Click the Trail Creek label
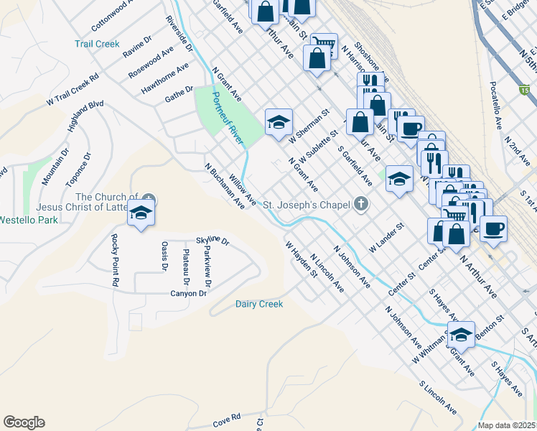click(97, 44)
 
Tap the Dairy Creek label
click(259, 304)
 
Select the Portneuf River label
click(227, 116)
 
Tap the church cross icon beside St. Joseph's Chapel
click(362, 205)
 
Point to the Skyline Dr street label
click(212, 241)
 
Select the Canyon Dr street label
click(188, 293)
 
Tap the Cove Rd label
click(226, 417)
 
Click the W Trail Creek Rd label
click(73, 90)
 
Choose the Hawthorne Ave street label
click(165, 78)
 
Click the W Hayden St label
click(302, 259)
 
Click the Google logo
click(24, 422)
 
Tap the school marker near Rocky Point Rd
click(141, 213)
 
